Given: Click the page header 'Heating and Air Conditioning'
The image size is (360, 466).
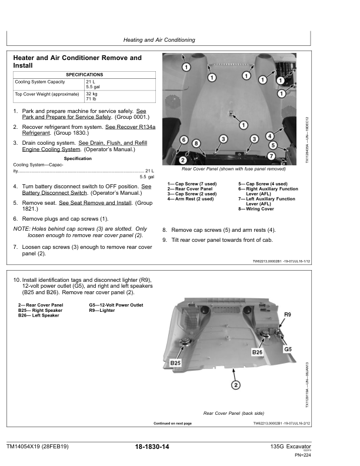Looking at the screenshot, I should pyautogui.click(x=159, y=40).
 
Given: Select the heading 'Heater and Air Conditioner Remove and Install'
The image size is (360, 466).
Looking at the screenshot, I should pyautogui.click(x=77, y=62).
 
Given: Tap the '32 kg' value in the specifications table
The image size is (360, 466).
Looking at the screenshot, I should pyautogui.click(x=92, y=94).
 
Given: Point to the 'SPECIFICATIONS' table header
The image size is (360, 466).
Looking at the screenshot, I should pyautogui.click(x=84, y=75).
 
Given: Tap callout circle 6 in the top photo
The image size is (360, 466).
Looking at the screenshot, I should pyautogui.click(x=184, y=140).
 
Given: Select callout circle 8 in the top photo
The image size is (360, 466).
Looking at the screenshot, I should pyautogui.click(x=196, y=143).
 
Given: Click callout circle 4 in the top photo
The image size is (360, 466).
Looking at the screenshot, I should pyautogui.click(x=269, y=136).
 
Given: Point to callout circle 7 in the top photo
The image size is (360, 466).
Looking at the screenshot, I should pyautogui.click(x=271, y=156).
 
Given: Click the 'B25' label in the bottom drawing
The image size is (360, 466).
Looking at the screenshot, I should pyautogui.click(x=176, y=363).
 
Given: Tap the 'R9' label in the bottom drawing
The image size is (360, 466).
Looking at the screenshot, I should pyautogui.click(x=288, y=315).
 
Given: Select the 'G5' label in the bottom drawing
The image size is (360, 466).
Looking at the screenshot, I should pyautogui.click(x=288, y=349).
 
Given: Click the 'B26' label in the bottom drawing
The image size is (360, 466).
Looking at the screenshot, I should pyautogui.click(x=257, y=351).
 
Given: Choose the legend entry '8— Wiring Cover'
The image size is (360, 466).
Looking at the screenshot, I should pyautogui.click(x=256, y=209).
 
